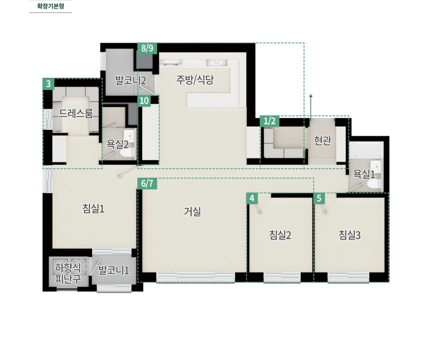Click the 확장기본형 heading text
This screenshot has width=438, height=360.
click(x=50, y=6)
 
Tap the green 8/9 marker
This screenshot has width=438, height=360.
click(x=147, y=48)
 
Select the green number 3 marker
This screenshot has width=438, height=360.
click(x=49, y=84)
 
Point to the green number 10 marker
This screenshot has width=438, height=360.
click(x=144, y=101)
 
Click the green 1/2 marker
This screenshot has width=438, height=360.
click(x=270, y=121)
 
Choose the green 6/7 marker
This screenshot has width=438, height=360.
click(x=147, y=184)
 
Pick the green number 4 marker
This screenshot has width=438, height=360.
click(x=252, y=199)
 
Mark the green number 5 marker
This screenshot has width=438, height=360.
click(x=319, y=199)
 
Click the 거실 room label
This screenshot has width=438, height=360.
click(x=193, y=212)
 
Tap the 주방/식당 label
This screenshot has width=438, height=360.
click(x=195, y=80)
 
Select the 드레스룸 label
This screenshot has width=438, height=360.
click(x=76, y=113)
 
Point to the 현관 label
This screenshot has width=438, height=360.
click(x=322, y=141)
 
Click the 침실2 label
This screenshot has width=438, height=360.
click(x=280, y=235)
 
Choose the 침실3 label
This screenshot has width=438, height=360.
click(x=350, y=235)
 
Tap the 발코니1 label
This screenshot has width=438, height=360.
click(x=114, y=270)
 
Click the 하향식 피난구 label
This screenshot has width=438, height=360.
click(x=68, y=273)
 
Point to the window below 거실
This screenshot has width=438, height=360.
click(x=195, y=277)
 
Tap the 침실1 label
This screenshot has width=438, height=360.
click(x=93, y=208)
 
